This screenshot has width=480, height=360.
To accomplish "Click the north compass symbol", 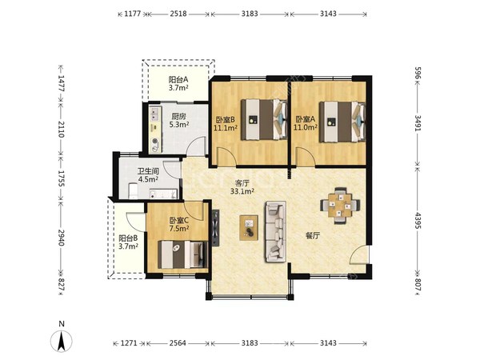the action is [x=62, y=338].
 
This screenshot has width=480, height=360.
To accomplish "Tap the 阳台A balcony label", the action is [x=178, y=79].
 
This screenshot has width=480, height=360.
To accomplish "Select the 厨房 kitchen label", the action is [x=178, y=117].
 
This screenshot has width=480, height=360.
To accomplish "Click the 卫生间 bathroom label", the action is [x=148, y=171].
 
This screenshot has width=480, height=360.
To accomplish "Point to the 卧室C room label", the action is [x=179, y=220].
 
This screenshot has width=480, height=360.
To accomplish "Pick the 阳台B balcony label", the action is [x=128, y=238].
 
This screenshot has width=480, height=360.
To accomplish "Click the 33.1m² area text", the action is [x=242, y=192].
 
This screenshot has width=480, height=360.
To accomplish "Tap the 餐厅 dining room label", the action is [x=313, y=235].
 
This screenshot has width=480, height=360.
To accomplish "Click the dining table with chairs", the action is [x=340, y=206].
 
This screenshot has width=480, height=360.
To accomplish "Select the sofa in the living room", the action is [x=275, y=231].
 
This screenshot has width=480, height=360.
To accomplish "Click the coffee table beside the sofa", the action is [x=249, y=228].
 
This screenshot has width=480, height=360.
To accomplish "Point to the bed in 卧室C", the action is [x=182, y=254].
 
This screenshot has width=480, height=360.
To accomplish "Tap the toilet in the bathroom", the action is [x=133, y=191].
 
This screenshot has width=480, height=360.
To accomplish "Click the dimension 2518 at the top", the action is [x=178, y=14].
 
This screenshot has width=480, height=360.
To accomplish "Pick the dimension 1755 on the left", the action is [x=61, y=178].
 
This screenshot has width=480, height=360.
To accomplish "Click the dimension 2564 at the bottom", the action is [x=178, y=343].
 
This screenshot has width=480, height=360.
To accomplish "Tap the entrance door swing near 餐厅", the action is [x=359, y=254].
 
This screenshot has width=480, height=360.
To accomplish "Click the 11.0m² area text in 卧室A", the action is [x=306, y=127].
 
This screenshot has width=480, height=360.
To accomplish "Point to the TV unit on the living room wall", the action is [x=215, y=227].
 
